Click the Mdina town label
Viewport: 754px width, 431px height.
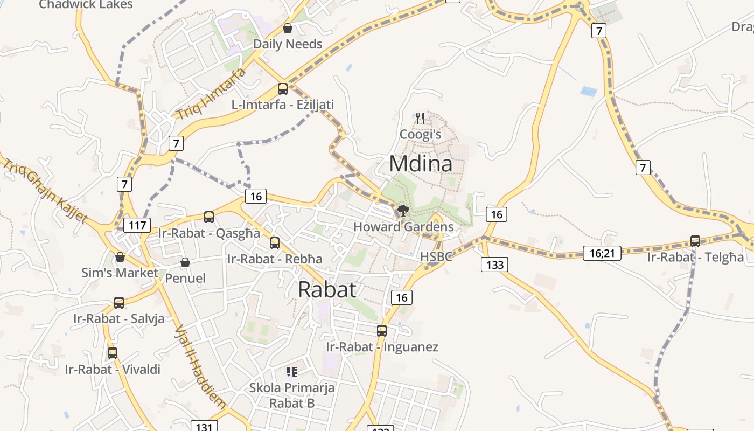click(x=421, y=164)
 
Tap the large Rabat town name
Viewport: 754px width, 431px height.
click(x=327, y=290)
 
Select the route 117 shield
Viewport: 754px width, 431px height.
click(x=137, y=225)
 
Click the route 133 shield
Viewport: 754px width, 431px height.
click(x=494, y=265)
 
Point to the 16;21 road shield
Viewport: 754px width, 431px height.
click(x=602, y=253)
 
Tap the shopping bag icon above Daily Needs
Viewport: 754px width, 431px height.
click(x=288, y=28)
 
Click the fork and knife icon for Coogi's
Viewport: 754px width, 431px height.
click(x=420, y=118)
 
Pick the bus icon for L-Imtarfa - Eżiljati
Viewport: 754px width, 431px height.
click(x=283, y=89)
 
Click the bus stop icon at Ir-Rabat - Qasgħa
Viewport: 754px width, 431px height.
click(x=209, y=217)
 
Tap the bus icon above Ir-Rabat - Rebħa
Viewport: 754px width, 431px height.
click(x=275, y=243)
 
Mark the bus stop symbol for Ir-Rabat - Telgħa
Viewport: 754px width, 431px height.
click(x=695, y=241)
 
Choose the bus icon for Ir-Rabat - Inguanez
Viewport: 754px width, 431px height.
click(x=382, y=331)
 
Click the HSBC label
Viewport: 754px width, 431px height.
click(x=436, y=256)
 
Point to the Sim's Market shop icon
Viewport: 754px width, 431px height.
click(x=120, y=257)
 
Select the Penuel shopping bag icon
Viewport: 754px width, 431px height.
click(x=185, y=262)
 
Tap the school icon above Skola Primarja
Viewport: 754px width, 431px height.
click(x=291, y=371)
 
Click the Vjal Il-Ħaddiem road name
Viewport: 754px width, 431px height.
click(x=200, y=366)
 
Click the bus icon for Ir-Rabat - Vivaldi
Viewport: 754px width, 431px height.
click(x=113, y=353)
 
